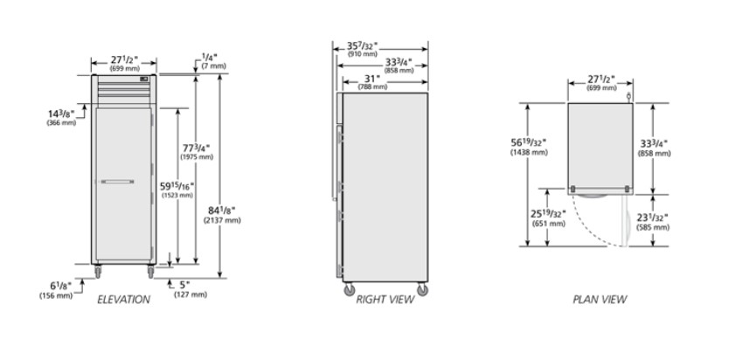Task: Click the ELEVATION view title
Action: (x=123, y=300)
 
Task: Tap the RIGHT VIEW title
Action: (x=384, y=300)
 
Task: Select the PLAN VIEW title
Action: (x=599, y=300)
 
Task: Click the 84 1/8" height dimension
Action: (x=222, y=211)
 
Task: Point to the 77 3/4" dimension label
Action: (x=196, y=148)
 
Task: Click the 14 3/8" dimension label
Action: (x=61, y=114)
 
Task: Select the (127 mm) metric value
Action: (x=190, y=294)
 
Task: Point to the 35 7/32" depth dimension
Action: (x=362, y=46)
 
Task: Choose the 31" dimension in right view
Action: (x=371, y=80)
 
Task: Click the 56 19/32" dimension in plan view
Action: (x=529, y=142)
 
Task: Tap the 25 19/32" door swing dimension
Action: (x=548, y=214)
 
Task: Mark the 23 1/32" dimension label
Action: (x=653, y=218)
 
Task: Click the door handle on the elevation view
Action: (x=117, y=182)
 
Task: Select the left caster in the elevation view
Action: (x=98, y=271)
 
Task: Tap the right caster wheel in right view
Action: (x=422, y=289)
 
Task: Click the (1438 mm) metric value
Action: (x=529, y=152)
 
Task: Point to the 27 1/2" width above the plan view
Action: (x=601, y=80)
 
